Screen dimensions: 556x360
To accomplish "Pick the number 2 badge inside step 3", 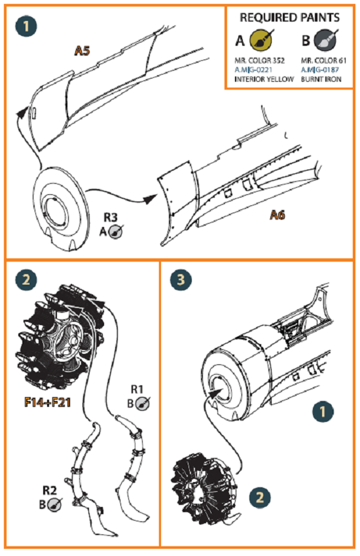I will [262, 496].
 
